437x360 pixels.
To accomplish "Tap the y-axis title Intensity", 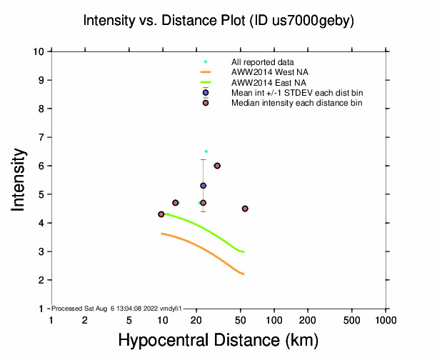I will tap(20, 179).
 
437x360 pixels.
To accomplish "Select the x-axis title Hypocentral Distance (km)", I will tap(218, 339).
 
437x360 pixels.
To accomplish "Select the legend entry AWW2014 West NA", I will tap(263, 72).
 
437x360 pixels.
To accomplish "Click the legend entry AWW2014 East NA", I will tap(263, 82).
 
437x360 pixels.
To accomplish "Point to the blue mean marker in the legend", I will tap(206, 92).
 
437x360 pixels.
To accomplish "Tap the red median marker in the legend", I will tap(206, 103).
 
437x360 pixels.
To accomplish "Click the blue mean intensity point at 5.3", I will tap(203, 186).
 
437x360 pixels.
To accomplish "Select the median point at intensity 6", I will tap(217, 166).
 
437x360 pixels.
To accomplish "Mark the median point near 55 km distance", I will tap(245, 209).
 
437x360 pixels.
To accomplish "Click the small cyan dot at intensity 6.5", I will tap(206, 151).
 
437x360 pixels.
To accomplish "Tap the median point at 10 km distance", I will tap(161, 214).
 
